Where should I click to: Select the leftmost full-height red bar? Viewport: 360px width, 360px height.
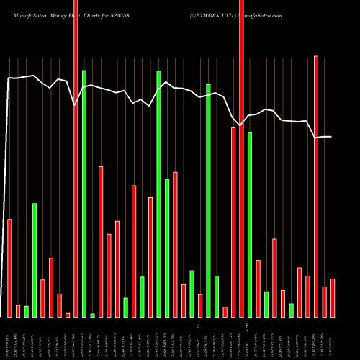point(76,158)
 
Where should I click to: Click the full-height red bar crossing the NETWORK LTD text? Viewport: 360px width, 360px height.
point(241,158)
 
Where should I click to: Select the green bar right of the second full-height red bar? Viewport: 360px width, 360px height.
point(250,224)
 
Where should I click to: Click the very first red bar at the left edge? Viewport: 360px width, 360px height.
point(9,267)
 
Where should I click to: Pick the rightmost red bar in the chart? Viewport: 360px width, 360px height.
point(333,297)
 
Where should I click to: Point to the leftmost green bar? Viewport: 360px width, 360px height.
point(26,311)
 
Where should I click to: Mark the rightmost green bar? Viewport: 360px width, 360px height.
point(291,310)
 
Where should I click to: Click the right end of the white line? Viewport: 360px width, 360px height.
point(331,137)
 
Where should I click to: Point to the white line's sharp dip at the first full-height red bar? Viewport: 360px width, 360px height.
point(76,105)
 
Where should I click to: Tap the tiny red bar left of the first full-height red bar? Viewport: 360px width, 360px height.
point(68,315)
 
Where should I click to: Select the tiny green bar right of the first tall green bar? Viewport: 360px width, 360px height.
point(93,315)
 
